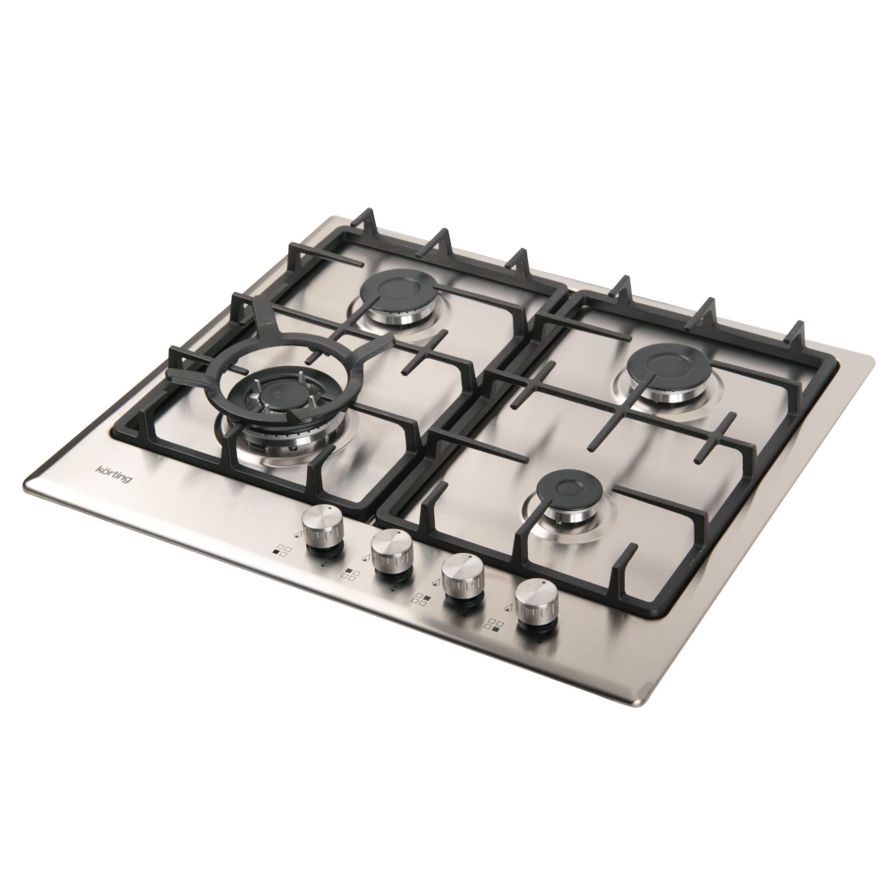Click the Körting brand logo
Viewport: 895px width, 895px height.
(114, 474)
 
